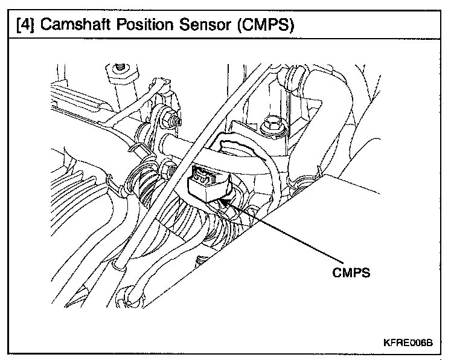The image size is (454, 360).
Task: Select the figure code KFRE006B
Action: tap(408, 342)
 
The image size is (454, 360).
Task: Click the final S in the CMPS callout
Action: tap(365, 272)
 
